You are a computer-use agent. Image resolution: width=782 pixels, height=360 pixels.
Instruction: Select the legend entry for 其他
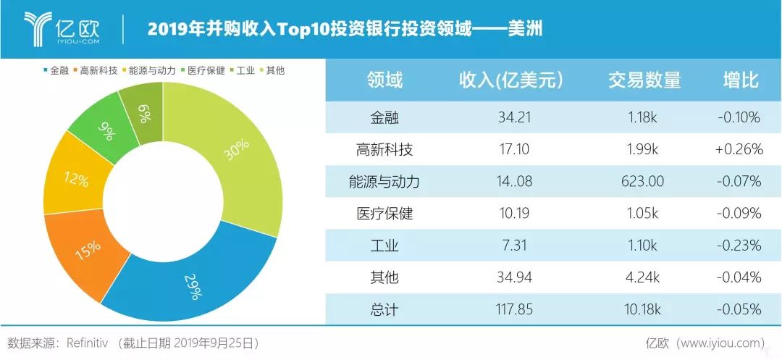click(271, 70)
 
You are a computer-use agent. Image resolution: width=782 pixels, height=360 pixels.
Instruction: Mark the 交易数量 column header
click(644, 80)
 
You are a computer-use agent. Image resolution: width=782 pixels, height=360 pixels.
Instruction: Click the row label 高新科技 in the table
click(384, 149)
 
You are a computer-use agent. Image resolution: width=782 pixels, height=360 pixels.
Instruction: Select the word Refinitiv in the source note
click(91, 343)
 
